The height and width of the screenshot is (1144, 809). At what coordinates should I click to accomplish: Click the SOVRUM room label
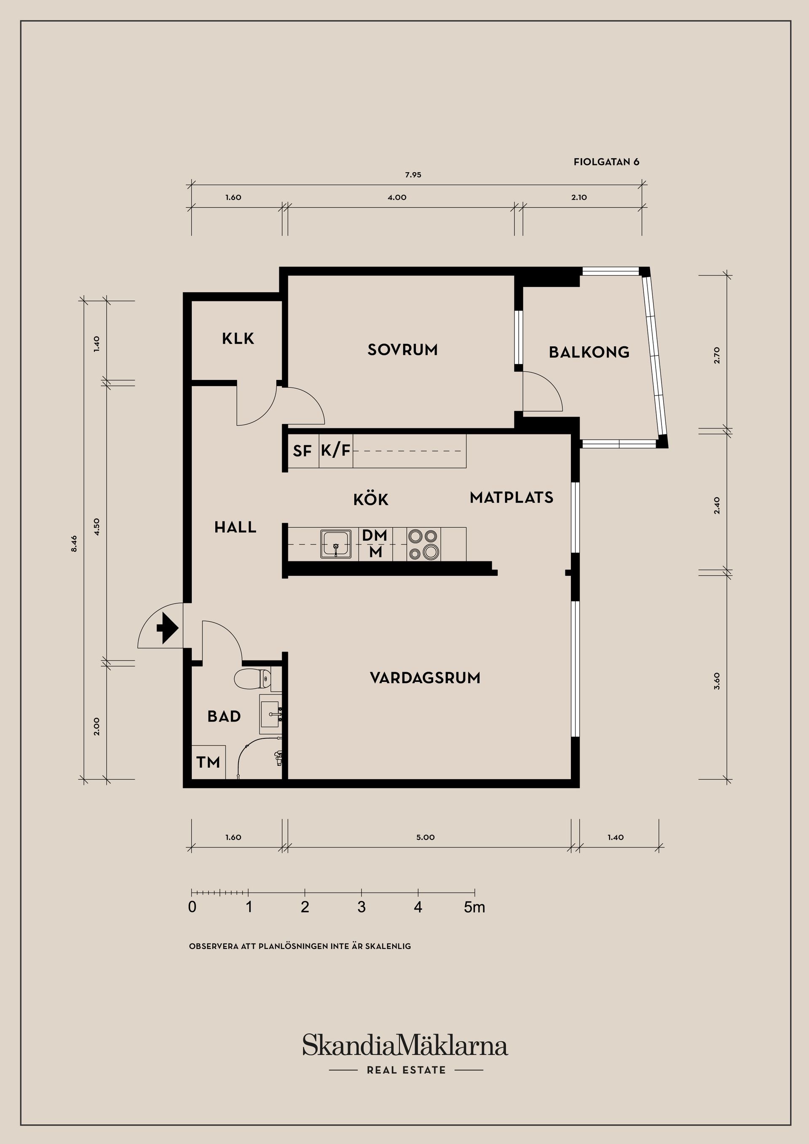point(402,350)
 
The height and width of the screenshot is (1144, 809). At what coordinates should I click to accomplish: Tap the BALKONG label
point(589,352)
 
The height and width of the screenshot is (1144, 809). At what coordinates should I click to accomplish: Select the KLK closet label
point(238,339)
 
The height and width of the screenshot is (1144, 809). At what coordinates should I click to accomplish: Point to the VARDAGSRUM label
point(425,678)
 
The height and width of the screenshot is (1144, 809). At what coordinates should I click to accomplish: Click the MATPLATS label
point(512,497)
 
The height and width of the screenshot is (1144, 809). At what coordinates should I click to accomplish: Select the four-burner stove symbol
point(423,544)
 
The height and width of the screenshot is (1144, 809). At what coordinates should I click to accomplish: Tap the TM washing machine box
point(208,762)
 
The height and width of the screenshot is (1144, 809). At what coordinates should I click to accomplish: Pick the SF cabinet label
point(302,452)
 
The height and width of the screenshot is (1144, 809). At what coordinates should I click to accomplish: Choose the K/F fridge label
point(335,450)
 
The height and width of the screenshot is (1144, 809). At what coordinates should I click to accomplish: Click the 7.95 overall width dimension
point(413,175)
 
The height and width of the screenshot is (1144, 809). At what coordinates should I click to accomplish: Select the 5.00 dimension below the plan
point(425,837)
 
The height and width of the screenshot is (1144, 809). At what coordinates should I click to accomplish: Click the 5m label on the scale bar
point(474,908)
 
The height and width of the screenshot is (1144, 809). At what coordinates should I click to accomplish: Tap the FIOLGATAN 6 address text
point(606,162)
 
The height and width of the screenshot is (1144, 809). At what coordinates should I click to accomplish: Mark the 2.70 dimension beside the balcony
point(717,355)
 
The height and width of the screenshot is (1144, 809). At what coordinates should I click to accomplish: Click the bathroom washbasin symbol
point(270,714)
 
